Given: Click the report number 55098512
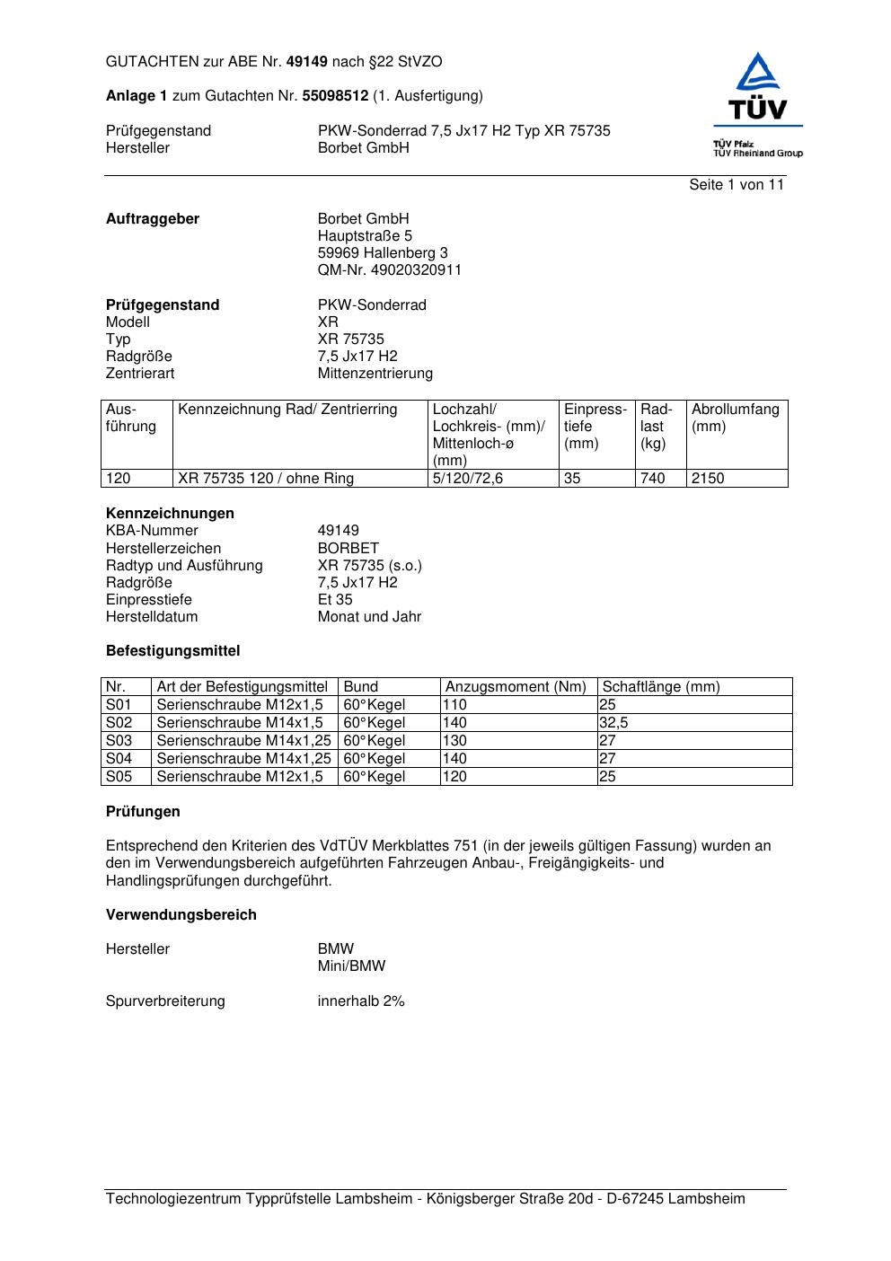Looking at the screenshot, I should pyautogui.click(x=335, y=96).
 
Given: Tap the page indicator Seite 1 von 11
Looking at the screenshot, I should pyautogui.click(x=737, y=185).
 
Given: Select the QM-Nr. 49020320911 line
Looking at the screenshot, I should pyautogui.click(x=389, y=270).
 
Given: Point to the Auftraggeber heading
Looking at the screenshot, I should pyautogui.click(x=153, y=219).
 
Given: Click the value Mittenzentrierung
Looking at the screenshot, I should pyautogui.click(x=375, y=374).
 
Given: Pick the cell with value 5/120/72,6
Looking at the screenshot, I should pyautogui.click(x=467, y=479).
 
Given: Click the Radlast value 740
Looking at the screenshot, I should pyautogui.click(x=652, y=479).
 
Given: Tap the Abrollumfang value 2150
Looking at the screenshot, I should pyautogui.click(x=708, y=479).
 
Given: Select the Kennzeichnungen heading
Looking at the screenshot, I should pyautogui.click(x=170, y=514).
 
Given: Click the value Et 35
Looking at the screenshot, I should pyautogui.click(x=335, y=600).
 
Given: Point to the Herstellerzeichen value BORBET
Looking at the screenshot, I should pyautogui.click(x=348, y=549).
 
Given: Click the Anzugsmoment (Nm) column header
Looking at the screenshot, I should pyautogui.click(x=516, y=687).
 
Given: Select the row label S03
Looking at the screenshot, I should pyautogui.click(x=119, y=741).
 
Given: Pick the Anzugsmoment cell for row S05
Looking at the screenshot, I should pyautogui.click(x=455, y=777).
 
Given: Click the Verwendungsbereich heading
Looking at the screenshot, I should pyautogui.click(x=181, y=915).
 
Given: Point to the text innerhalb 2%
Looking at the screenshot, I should pyautogui.click(x=361, y=1001).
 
